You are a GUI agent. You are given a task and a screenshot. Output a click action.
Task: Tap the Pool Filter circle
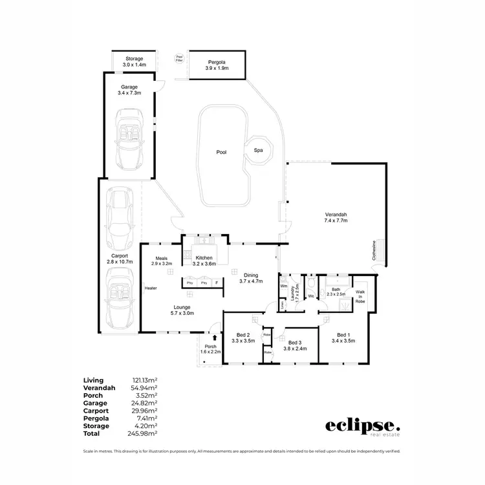point(179,59)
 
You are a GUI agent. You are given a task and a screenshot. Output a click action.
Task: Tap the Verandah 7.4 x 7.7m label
point(336,218)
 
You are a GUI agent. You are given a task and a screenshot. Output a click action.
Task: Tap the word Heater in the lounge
point(151,288)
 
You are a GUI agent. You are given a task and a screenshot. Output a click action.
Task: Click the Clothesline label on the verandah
point(373,250)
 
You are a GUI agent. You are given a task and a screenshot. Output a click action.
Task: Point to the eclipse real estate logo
point(363,427)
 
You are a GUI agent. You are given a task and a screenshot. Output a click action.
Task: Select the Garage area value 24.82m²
point(145,403)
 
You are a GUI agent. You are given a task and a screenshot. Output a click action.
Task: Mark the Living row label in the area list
point(93,380)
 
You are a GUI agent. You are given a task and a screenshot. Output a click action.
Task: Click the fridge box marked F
point(217,283)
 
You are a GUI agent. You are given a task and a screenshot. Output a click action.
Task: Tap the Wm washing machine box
point(284,286)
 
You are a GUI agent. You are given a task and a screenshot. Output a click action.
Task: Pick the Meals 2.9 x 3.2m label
point(162,261)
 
